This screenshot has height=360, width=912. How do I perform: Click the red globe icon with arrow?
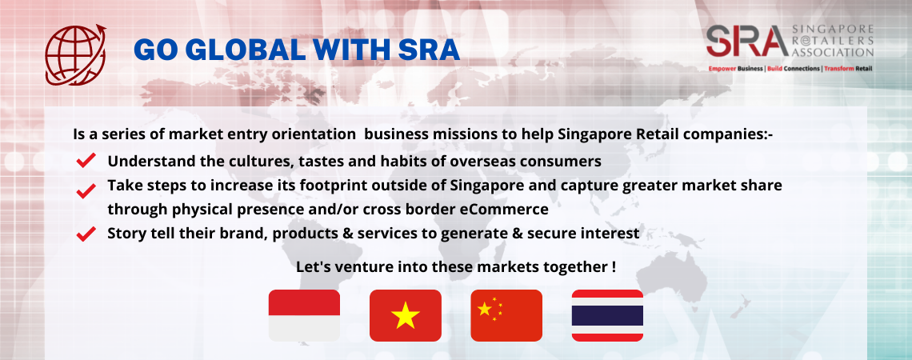(x=76, y=54)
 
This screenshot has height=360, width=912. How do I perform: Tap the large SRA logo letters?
(x=747, y=42)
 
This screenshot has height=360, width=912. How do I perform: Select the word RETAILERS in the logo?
(x=833, y=41)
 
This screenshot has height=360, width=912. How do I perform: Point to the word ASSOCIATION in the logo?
(x=833, y=52)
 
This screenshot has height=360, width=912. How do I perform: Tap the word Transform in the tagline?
(x=839, y=69)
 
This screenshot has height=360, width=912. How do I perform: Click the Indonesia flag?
(x=304, y=315)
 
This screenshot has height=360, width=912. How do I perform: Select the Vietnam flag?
(x=406, y=315)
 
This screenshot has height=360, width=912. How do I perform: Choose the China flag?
(x=506, y=315)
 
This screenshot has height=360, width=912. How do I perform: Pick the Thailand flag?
(x=607, y=315)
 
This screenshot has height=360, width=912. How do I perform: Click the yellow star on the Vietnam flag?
(x=406, y=316)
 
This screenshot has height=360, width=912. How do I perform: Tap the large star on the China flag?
(x=484, y=309)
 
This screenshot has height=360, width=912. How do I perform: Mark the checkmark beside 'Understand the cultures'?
(x=86, y=160)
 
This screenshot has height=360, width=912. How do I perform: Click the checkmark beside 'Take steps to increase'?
(x=86, y=190)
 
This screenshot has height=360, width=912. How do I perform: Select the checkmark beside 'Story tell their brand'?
(x=86, y=234)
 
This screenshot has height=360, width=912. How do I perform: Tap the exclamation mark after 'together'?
(x=614, y=267)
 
